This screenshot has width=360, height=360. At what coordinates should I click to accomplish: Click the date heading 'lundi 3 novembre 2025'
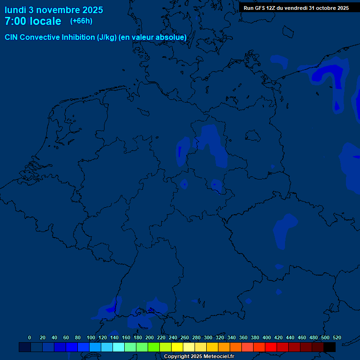pos(54,10)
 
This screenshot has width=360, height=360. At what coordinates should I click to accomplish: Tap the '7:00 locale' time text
pos(33,21)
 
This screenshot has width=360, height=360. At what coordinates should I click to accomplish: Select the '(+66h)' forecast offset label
pos(81,21)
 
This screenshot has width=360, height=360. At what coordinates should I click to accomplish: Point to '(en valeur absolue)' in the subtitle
pos(153,37)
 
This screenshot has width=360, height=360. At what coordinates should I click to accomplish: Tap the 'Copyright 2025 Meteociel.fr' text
pos(199,357)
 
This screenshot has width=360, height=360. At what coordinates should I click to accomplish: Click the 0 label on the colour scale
pos(30,337)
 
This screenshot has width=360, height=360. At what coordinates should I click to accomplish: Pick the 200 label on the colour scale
pos(150,337)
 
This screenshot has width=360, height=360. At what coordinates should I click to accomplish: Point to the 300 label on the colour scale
pos(208,337)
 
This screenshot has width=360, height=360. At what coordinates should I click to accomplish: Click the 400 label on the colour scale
pos(267,337)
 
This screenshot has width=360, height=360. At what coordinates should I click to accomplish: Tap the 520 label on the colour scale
pos(337,337)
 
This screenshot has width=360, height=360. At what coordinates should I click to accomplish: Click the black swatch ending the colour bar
pos(330,347)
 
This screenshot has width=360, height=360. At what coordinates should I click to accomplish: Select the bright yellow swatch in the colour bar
pos(177,347)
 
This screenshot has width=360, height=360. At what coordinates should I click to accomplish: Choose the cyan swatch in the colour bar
pos(119,347)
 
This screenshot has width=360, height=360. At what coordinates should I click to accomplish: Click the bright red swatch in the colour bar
pos(271,347)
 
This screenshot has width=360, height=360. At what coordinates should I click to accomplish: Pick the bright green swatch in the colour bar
pos(154,347)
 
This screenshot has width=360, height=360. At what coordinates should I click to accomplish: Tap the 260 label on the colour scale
pos(185,337)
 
